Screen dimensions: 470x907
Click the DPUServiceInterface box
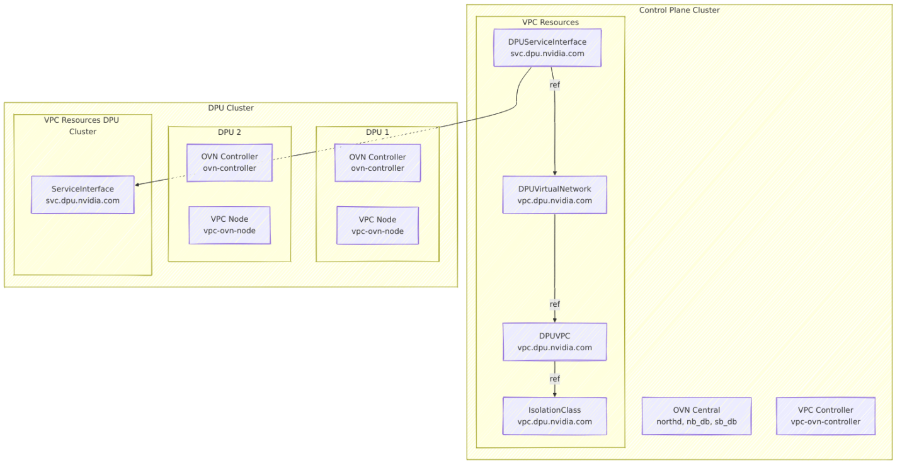(547, 48)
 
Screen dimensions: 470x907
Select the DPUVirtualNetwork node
(554, 195)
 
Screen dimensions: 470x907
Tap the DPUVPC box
(554, 341)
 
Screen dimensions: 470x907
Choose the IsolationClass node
(554, 416)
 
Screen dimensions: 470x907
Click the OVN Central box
(696, 416)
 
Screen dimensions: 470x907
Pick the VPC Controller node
(825, 416)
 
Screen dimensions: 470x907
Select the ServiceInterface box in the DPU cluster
(83, 195)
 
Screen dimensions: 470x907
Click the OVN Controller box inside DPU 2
(229, 163)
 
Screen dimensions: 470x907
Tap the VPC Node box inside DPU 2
(229, 225)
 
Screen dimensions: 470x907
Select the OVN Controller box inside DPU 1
(377, 163)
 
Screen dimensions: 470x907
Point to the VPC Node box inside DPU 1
(377, 225)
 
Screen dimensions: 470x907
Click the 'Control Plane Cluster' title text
(679, 10)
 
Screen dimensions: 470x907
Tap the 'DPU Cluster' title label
(231, 108)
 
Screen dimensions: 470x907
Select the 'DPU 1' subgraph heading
(377, 132)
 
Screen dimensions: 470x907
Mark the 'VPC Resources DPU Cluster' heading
(82, 125)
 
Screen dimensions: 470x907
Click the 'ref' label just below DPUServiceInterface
(554, 84)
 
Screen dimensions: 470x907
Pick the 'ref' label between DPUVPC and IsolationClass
(554, 379)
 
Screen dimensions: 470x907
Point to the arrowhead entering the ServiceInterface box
(138, 184)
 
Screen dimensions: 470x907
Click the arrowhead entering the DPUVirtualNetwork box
(554, 173)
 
